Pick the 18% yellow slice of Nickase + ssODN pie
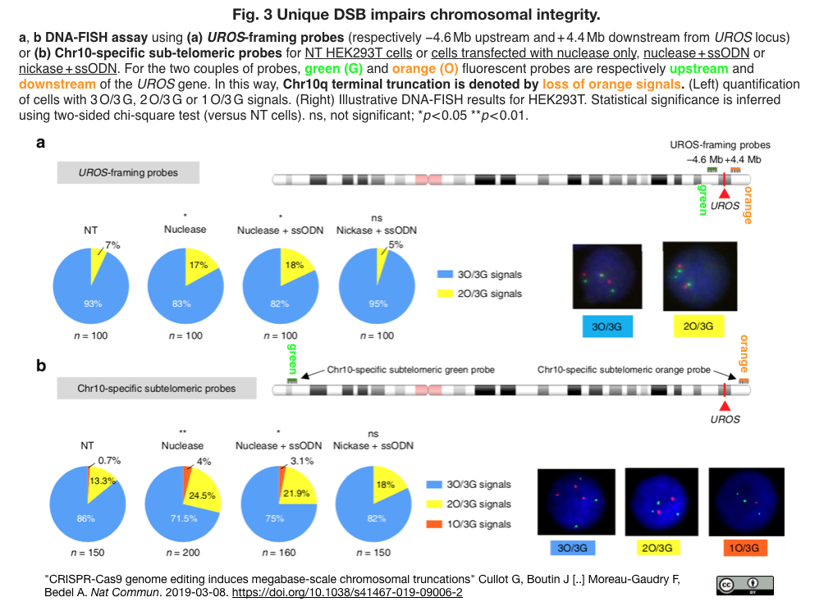click(388, 486)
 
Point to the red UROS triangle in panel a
click(724, 192)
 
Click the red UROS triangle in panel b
click(724, 406)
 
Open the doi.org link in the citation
click(348, 592)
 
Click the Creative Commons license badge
click(744, 584)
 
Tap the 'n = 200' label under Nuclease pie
click(182, 552)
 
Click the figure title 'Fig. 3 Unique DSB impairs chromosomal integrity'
click(416, 14)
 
